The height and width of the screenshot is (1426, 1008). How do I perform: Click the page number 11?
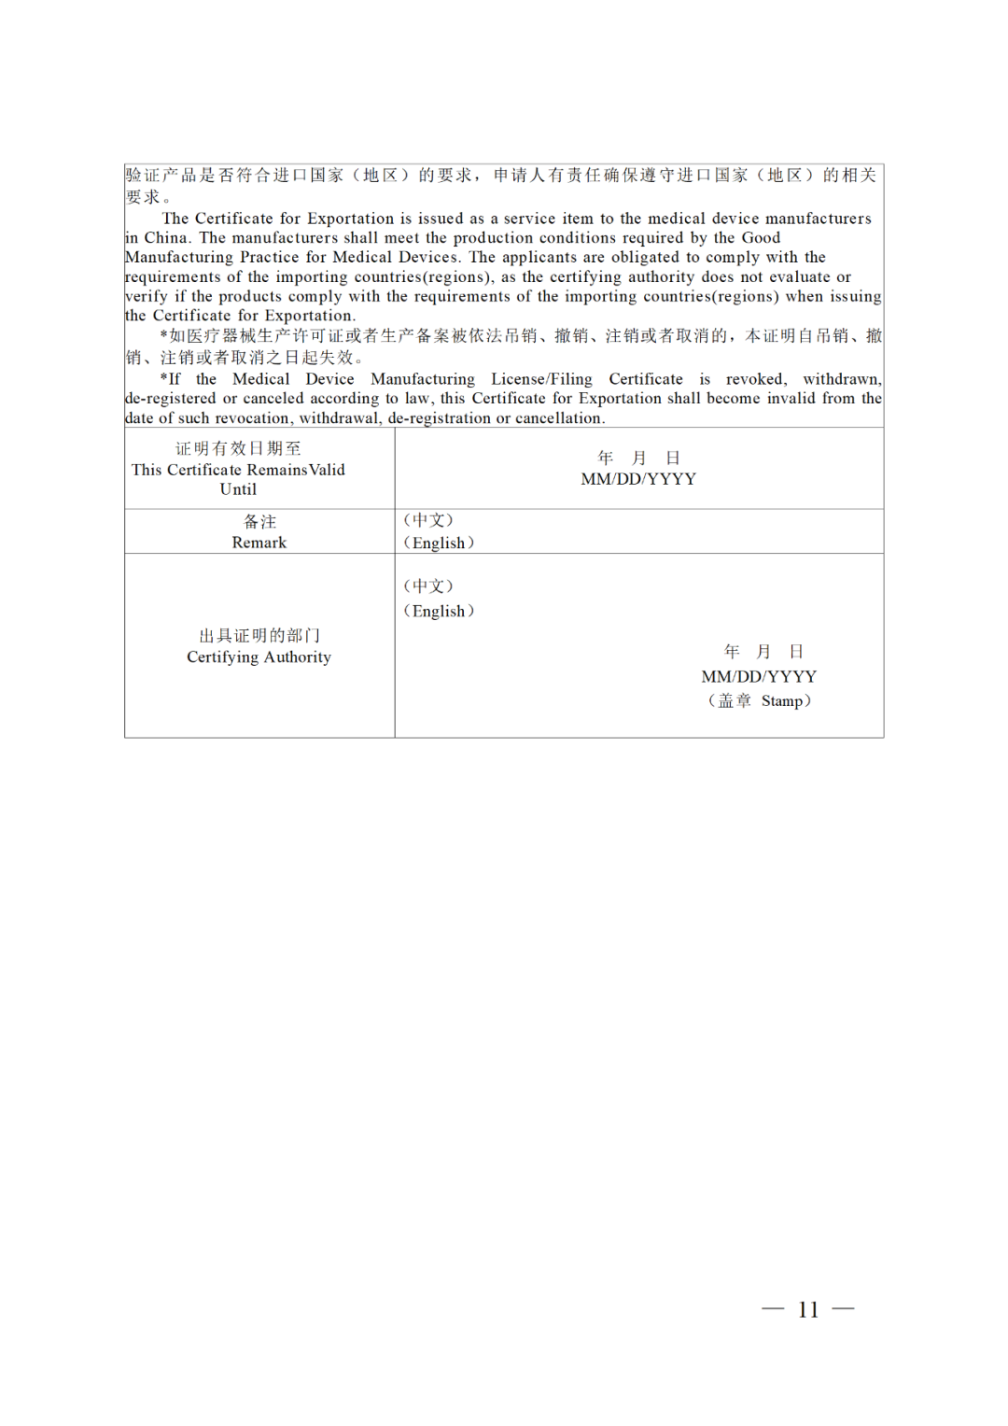[808, 1309]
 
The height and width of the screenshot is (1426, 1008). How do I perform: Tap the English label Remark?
[259, 543]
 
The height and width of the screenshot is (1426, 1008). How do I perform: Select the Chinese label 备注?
[259, 521]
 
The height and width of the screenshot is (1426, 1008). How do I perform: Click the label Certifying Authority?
[259, 657]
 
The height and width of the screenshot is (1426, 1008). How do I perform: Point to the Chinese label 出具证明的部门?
[259, 635]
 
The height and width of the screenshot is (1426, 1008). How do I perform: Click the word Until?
[238, 489]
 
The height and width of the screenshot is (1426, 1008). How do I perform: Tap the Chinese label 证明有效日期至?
[238, 448]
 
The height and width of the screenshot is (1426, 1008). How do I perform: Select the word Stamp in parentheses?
[781, 700]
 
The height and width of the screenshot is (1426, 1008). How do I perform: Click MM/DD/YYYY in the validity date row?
[638, 479]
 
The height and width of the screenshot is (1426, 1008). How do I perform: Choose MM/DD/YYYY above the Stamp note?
[759, 676]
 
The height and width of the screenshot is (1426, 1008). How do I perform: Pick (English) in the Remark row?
[439, 543]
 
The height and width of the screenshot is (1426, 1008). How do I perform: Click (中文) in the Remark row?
[428, 520]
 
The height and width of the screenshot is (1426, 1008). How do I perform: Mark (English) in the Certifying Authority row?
[439, 611]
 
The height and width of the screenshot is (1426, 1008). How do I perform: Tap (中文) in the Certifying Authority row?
[428, 586]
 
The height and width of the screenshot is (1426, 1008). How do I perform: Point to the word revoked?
[756, 379]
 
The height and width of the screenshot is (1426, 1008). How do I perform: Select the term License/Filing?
[541, 379]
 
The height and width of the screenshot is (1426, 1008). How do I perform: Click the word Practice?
[283, 257]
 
